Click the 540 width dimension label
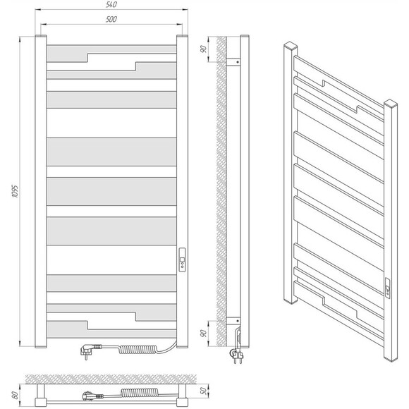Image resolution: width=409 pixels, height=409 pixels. [x=111, y=4]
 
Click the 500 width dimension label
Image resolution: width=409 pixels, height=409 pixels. [x=111, y=19]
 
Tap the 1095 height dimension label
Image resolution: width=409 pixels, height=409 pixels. [x=15, y=191]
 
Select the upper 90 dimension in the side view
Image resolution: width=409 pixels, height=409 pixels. [x=204, y=49]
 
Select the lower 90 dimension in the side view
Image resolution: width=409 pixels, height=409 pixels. [x=204, y=333]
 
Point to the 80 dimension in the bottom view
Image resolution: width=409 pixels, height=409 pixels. [x=15, y=395]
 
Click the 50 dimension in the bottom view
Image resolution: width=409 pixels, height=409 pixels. [x=204, y=391]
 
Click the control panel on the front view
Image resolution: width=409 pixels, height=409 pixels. [x=183, y=260]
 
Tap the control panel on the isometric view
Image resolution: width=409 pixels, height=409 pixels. [x=388, y=287]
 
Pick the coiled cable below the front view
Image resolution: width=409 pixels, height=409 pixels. [x=138, y=349]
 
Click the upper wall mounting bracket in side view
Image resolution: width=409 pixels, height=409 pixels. [x=233, y=62]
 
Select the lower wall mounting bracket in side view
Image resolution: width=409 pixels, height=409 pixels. [x=233, y=321]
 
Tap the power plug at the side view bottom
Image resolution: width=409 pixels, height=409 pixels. [x=236, y=355]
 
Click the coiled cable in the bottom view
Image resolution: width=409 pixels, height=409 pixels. [x=138, y=392]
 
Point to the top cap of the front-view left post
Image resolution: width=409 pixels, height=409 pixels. [x=41, y=35]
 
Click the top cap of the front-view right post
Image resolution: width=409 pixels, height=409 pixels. [x=182, y=35]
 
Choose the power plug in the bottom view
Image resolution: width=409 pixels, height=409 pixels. [x=92, y=396]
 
